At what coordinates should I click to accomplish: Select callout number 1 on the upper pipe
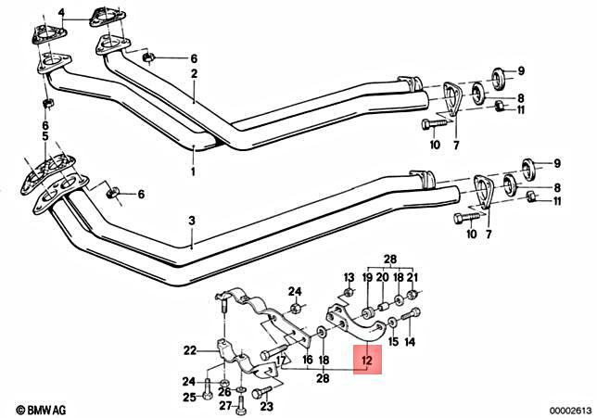[193, 172]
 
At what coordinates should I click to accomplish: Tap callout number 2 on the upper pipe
[195, 74]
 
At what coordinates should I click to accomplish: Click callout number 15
[393, 342]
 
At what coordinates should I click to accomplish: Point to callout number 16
[307, 359]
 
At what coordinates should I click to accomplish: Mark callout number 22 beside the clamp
[190, 350]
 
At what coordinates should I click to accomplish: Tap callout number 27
[225, 406]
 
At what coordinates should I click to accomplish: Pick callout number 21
[413, 277]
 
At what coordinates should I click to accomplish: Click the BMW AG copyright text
[33, 408]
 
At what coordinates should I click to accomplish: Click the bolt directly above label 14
[413, 315]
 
